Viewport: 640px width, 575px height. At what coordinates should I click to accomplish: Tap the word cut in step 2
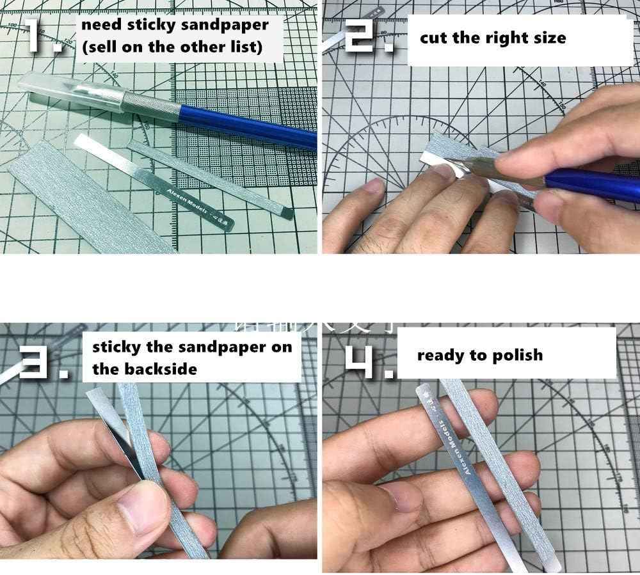click(x=432, y=38)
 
